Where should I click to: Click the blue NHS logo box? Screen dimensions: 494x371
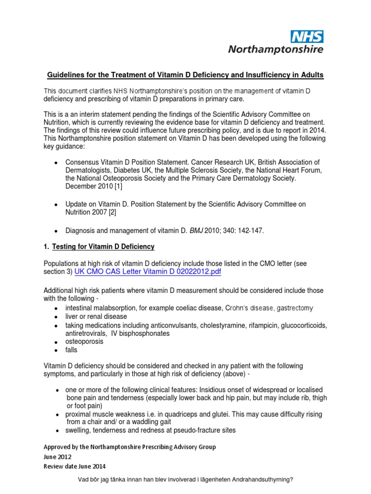point(306,36)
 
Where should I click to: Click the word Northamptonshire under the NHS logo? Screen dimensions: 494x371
point(275,49)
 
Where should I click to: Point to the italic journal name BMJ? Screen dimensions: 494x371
point(197,231)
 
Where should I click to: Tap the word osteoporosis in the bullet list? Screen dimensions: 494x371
point(85,342)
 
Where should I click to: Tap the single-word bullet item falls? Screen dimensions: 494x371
point(71,350)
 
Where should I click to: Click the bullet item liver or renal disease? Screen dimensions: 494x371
point(96,316)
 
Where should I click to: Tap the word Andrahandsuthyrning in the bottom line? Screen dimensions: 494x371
point(257,480)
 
